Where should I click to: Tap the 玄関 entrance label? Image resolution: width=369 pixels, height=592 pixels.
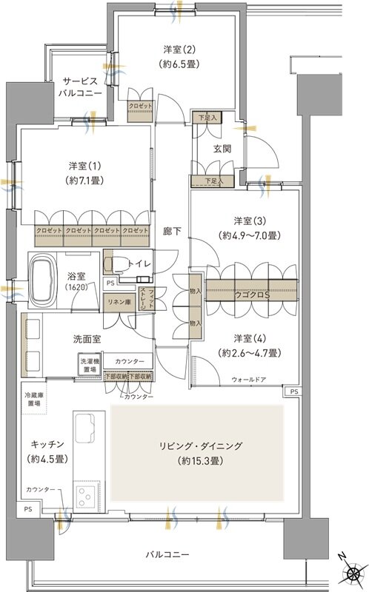(x=222, y=148)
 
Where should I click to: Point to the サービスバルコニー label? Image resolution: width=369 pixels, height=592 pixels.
(x=80, y=87)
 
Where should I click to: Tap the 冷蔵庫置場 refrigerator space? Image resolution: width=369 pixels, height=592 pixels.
(x=33, y=399)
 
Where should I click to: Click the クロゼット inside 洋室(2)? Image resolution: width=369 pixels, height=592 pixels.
(x=140, y=106)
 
